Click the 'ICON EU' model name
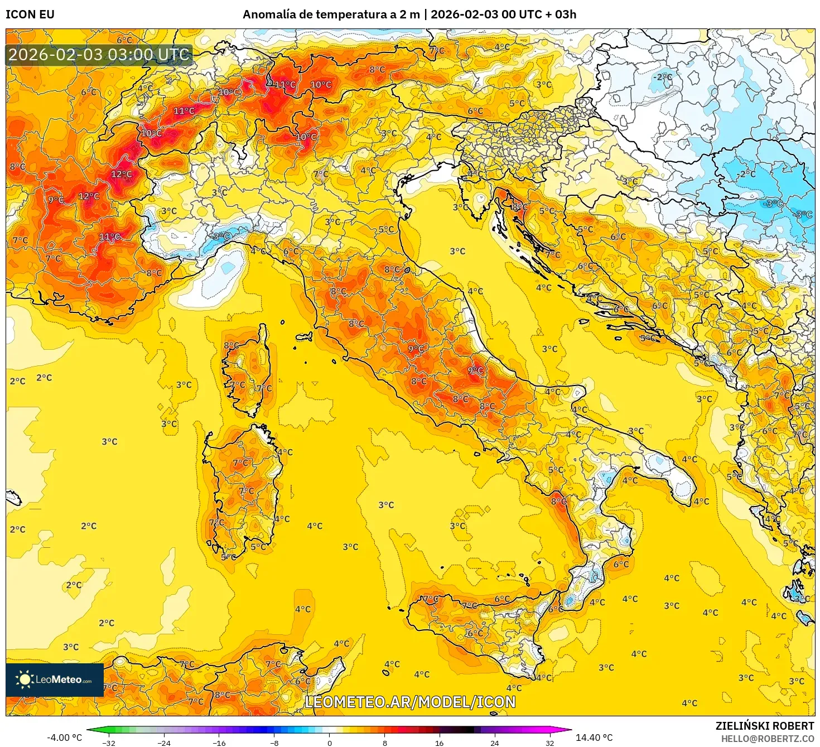pos(30,15)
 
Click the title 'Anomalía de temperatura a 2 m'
pos(331,15)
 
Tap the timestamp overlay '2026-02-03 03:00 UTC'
pos(99,55)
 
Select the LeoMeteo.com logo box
pos(55,679)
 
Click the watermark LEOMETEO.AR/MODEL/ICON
pos(410,702)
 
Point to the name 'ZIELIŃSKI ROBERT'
pos(765,726)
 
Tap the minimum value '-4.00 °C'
pos(64,738)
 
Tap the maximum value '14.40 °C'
pos(594,738)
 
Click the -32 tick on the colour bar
pos(109,743)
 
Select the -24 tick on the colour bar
pos(163,743)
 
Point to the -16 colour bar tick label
pos(219,743)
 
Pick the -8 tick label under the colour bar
pos(274,743)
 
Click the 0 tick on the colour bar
pos(329,743)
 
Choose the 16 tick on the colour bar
pos(439,743)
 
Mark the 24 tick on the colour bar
pos(494,743)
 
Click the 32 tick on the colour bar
pos(549,743)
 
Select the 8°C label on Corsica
pos(231,346)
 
